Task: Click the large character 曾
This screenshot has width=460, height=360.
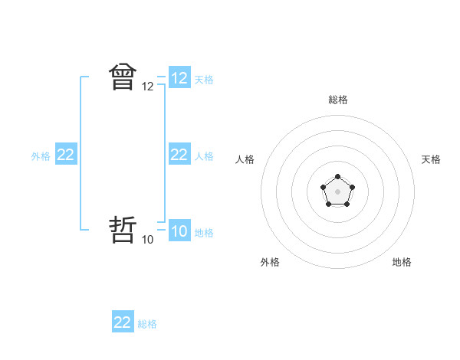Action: pos(123,77)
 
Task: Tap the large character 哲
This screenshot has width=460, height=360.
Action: pos(123,231)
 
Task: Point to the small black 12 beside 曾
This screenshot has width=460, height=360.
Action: pos(148,87)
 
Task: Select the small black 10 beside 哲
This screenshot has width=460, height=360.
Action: pos(148,240)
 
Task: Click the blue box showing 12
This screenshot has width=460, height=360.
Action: pos(179,78)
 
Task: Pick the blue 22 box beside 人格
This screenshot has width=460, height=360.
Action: pos(179,155)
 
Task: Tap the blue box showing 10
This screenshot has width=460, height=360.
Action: pos(179,231)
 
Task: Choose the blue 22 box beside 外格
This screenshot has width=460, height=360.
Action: pos(66,155)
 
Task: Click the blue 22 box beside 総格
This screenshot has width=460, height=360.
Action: pos(123,322)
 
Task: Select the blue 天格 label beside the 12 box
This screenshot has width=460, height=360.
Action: pos(204,79)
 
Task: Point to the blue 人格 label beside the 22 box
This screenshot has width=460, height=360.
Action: pos(204,155)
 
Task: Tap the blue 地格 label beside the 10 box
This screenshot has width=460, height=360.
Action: pos(204,232)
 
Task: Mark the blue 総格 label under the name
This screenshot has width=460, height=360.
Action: pos(147,324)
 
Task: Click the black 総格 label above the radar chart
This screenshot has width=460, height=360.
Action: pos(337,100)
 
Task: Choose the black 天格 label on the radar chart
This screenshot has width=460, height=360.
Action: pos(432,159)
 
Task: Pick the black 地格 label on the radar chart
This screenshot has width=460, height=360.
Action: pos(402,262)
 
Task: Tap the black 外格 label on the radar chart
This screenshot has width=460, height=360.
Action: pos(270,262)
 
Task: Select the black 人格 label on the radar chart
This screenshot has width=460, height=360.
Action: pos(245,159)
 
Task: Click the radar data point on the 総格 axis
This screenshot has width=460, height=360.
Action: pos(337,177)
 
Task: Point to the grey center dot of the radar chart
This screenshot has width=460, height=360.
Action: pos(337,191)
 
